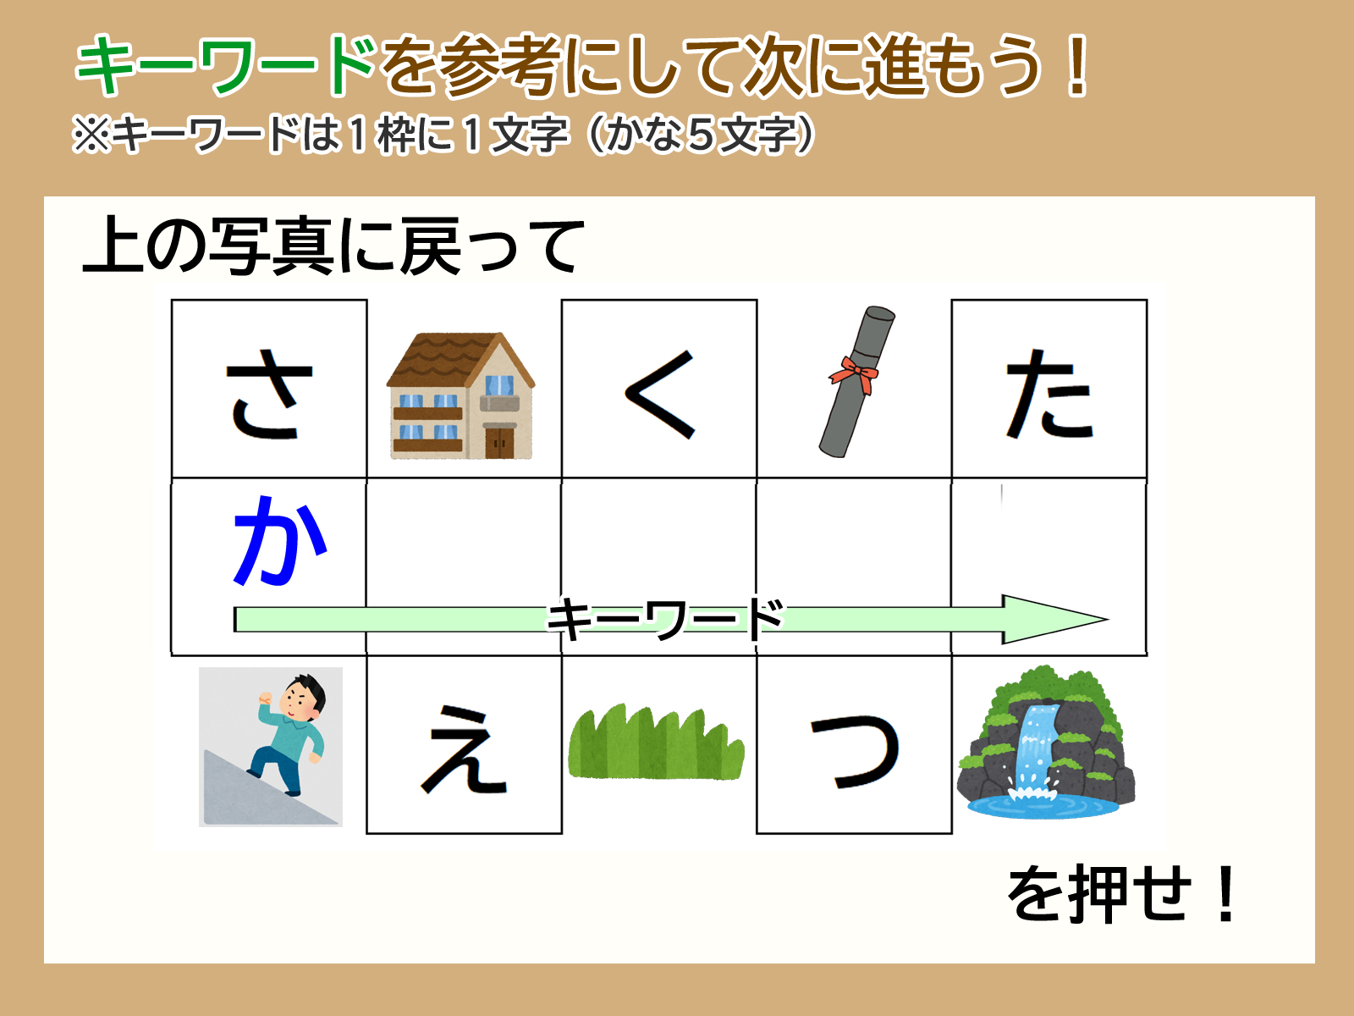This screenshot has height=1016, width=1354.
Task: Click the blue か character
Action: coord(279,540)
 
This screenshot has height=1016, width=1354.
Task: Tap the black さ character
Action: coord(269,394)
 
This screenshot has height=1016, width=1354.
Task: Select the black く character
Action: coord(660,395)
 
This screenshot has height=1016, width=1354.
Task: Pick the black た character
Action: coord(1049,394)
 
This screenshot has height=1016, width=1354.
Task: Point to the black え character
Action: coord(464,748)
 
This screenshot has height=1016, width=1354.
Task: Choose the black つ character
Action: coord(855,751)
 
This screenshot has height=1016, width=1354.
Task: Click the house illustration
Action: coord(461,395)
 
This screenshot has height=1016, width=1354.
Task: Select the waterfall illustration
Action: coord(1046,742)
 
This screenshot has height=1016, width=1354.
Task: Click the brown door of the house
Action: coord(499,442)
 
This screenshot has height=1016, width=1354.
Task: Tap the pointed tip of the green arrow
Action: coord(1109,619)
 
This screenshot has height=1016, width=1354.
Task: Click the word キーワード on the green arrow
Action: coord(665,619)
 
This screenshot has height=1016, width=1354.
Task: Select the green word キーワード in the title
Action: coord(226,65)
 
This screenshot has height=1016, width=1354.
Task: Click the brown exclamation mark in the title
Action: coord(1077,65)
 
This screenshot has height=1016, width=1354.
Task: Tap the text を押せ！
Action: coord(1122,893)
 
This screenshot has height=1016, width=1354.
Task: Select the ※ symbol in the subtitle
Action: coord(92,135)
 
